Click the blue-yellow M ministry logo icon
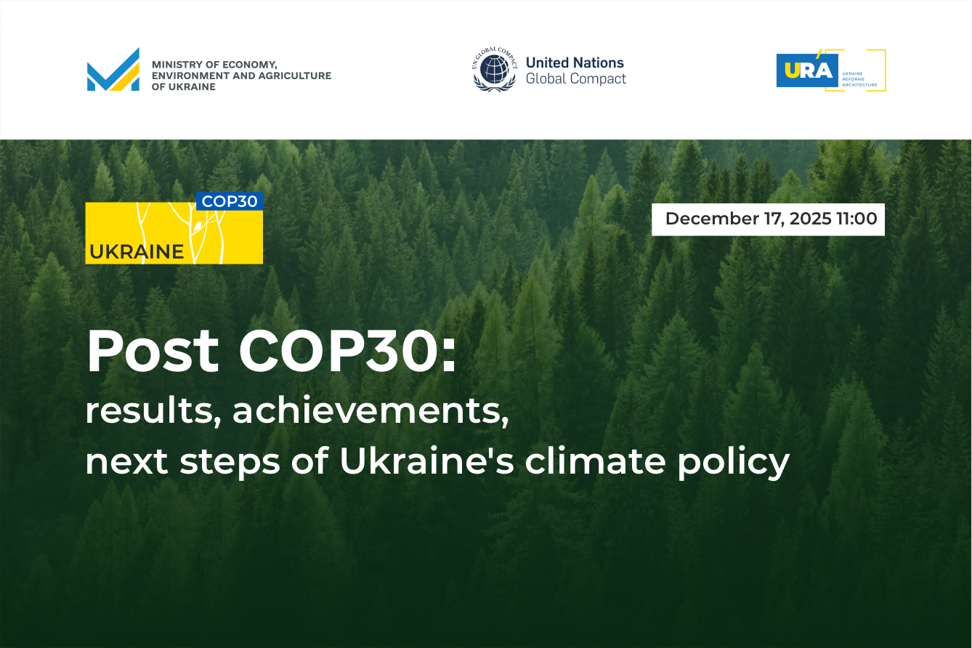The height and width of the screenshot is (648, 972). [113, 70]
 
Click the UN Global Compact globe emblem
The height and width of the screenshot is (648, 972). [495, 70]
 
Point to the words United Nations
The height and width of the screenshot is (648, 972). [575, 62]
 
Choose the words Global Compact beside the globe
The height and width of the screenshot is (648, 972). [576, 78]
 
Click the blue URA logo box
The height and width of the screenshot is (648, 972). [807, 70]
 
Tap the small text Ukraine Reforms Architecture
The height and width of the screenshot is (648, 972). [859, 79]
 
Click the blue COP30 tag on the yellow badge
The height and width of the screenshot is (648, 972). [230, 201]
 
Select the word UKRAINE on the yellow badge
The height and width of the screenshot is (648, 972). [137, 252]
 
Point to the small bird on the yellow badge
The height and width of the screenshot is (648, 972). [198, 226]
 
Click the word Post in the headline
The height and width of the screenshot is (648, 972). [153, 351]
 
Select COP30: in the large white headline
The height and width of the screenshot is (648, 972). [347, 351]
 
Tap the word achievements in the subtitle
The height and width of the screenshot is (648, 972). [370, 410]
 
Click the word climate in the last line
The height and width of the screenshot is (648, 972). [595, 461]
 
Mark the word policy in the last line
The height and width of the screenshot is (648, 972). [733, 463]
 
